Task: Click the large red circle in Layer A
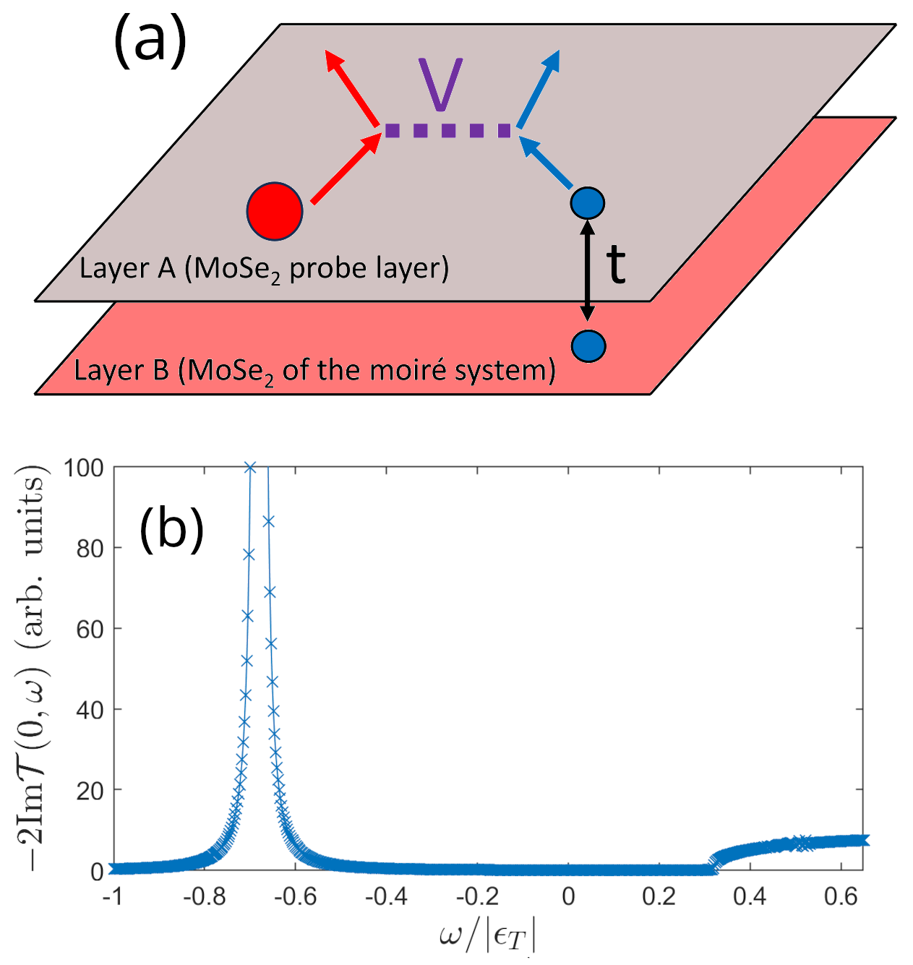(x=274, y=211)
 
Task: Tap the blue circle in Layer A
(x=587, y=203)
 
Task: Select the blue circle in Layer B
(x=588, y=346)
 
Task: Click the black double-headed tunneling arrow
(x=588, y=269)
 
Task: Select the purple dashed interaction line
(x=448, y=131)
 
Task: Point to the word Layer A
(x=127, y=268)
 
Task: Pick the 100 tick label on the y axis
(x=83, y=468)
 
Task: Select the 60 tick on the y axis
(x=90, y=629)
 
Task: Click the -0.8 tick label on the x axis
(x=205, y=897)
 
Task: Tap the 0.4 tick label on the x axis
(x=750, y=897)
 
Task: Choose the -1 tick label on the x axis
(x=111, y=897)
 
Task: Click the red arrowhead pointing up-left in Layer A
(x=333, y=59)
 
